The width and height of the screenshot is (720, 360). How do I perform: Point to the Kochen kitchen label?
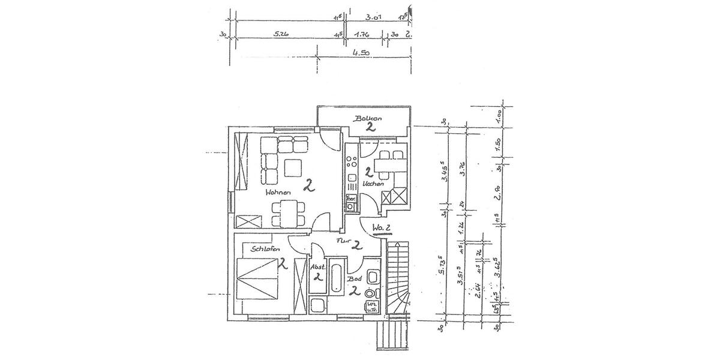374,184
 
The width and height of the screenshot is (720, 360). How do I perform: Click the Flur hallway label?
343,241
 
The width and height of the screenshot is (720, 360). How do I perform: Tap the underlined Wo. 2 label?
382,228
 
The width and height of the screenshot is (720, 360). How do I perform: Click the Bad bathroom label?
355,280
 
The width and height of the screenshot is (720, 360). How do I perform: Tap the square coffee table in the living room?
293,167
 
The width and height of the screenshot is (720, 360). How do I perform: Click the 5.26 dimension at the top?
281,35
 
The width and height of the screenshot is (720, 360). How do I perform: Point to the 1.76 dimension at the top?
361,35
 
